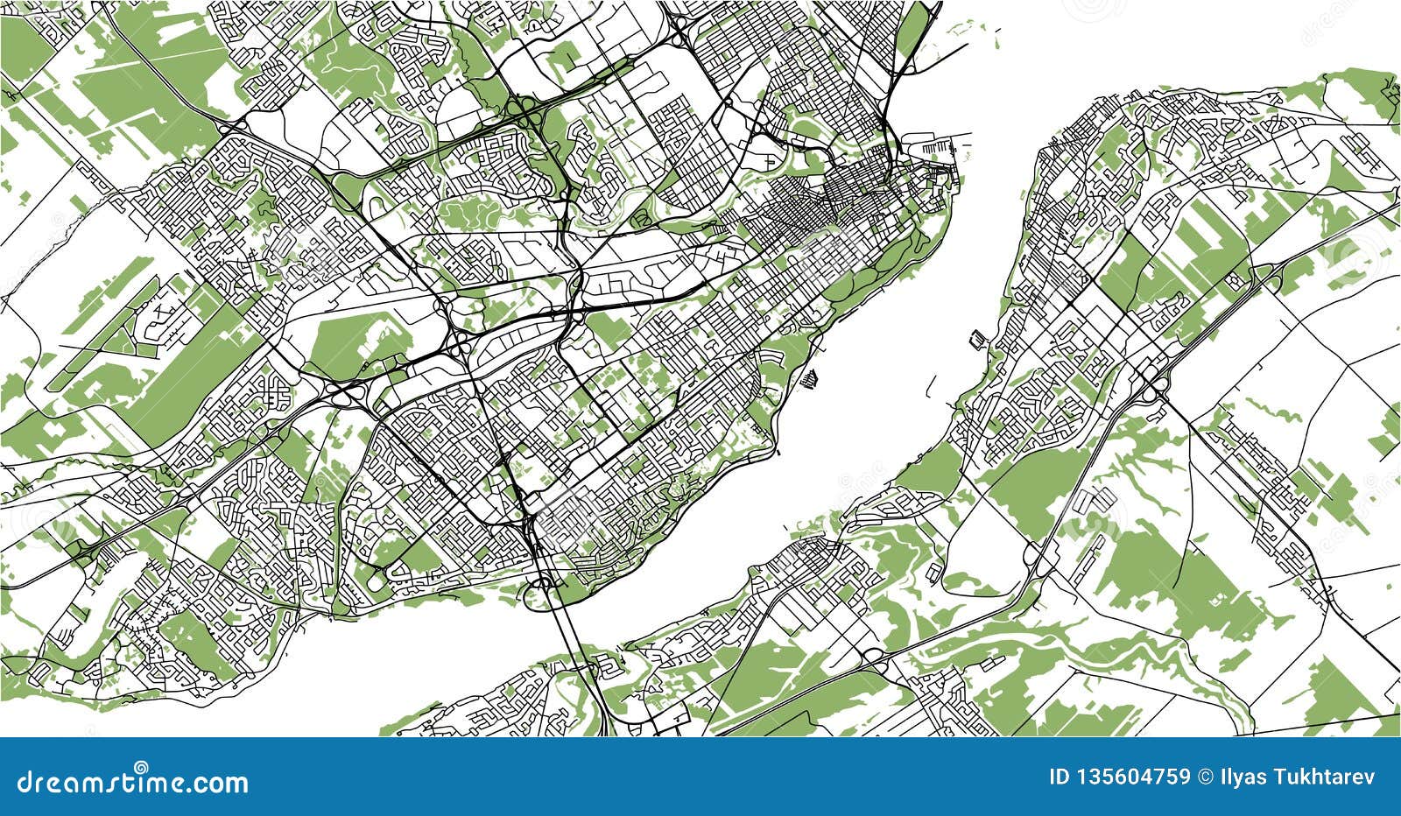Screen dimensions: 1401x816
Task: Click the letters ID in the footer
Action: (x=1059, y=777)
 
